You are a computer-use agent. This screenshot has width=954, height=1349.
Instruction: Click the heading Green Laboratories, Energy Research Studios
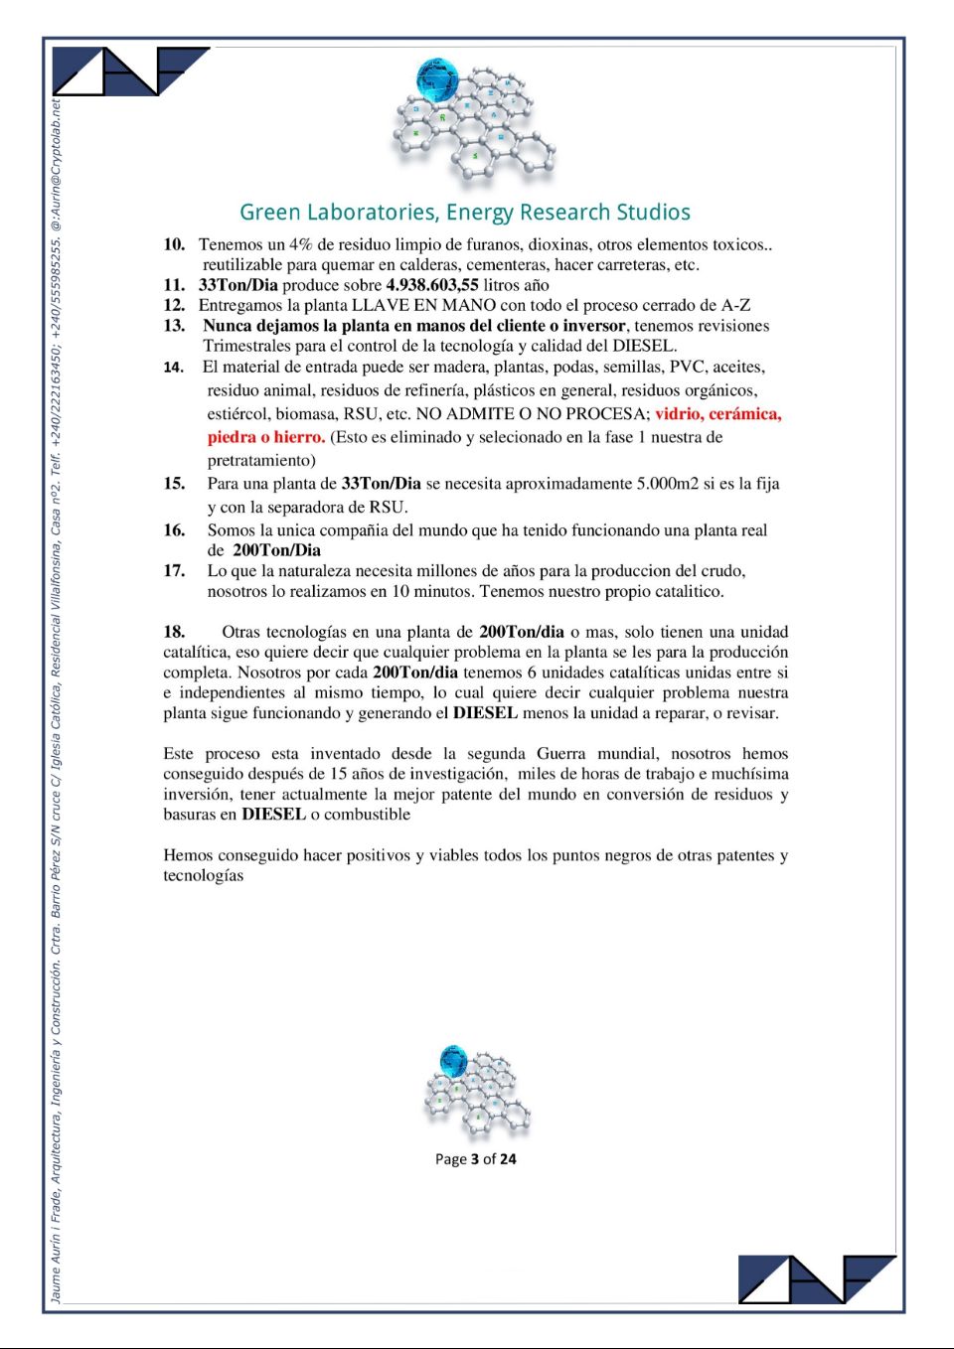point(464,213)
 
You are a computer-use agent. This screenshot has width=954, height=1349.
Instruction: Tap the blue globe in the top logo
point(436,79)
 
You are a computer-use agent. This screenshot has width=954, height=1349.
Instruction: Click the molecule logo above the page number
point(476,1091)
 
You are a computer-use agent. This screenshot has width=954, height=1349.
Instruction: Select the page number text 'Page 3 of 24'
point(475,1159)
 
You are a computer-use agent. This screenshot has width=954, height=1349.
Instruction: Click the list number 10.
point(174,244)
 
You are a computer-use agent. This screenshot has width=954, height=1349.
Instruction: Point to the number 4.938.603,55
point(432,285)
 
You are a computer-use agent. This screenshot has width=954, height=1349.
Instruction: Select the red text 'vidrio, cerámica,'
point(717,414)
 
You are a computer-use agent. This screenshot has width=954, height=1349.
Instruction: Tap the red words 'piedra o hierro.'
point(266,437)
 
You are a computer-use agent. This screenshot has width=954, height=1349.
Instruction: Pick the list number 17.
point(174,570)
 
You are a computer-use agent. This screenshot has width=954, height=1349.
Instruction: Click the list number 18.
point(174,632)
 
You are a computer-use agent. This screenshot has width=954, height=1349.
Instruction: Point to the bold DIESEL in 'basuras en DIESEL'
point(273,815)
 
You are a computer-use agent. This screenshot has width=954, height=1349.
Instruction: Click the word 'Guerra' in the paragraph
point(561,754)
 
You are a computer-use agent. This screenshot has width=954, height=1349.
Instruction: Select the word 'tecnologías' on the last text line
point(204,875)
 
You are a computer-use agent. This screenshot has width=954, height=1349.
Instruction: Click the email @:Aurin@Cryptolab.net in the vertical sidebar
point(57,165)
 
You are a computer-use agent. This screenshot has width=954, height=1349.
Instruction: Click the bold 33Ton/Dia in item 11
point(238,285)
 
